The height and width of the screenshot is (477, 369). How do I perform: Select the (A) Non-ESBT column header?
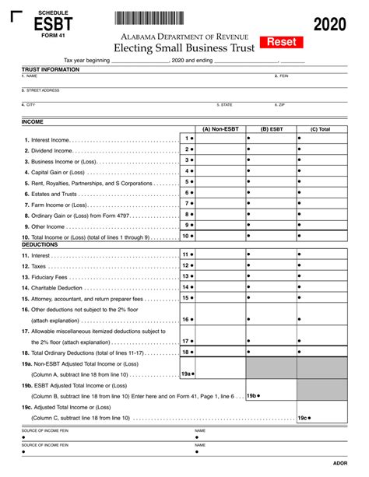pos(220,128)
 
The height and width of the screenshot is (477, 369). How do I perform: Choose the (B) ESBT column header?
pos(271,128)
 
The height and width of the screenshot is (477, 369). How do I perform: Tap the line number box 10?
pos(188,236)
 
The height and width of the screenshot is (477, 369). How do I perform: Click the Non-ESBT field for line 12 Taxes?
pos(220,265)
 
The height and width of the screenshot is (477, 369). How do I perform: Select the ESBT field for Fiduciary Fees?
pos(271,276)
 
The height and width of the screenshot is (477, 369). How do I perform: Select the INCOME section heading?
pos(33,122)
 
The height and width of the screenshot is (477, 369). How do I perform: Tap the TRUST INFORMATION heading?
pos(51,69)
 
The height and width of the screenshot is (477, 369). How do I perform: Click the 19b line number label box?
pos(253,395)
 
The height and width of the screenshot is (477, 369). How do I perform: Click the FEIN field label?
pos(282,76)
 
